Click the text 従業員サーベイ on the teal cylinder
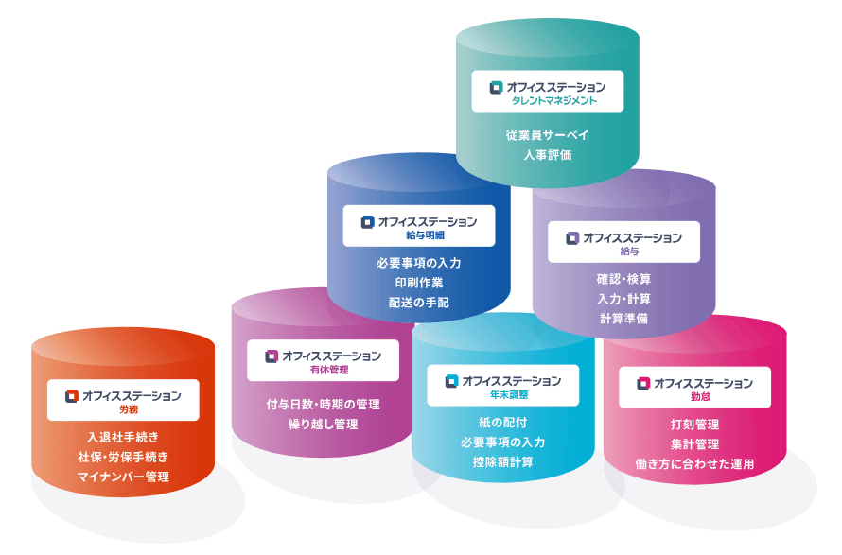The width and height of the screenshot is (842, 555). pos(548,134)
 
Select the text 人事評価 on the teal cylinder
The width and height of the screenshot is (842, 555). pos(548,154)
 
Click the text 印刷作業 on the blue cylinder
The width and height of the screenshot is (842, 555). pos(418,283)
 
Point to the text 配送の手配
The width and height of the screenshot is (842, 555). pos(418,303)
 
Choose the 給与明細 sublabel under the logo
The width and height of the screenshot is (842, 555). pos(419,234)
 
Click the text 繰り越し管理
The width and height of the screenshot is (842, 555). pos(323,424)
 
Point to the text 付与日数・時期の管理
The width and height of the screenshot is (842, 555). pos(323,404)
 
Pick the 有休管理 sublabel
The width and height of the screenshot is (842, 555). pos(324,370)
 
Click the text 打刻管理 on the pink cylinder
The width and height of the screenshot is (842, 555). pos(694,424)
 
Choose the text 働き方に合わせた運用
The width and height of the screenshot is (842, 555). pos(694,463)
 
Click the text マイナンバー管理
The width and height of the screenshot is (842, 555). pos(124,476)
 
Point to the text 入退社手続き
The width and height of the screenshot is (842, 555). pos(124,436)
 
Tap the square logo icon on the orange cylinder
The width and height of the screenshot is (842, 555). pos(71,396)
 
